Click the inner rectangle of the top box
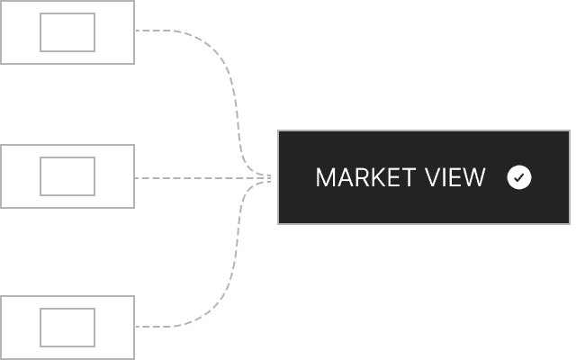(x=67, y=13)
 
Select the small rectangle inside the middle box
(x=67, y=157)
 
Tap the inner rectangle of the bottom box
(x=67, y=309)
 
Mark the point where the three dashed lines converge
(x=271, y=178)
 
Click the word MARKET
(x=366, y=178)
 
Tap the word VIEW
(x=455, y=178)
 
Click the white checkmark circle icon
(x=519, y=177)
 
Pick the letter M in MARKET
(x=325, y=178)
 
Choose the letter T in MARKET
(x=408, y=178)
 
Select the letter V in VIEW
(x=434, y=178)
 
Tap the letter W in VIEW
(x=474, y=178)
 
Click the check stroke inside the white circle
(x=519, y=178)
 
